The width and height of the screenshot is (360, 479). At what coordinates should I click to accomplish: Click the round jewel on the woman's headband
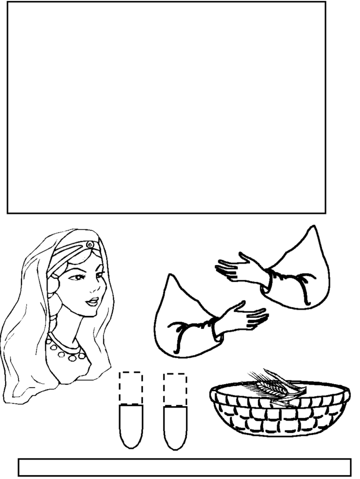[89, 245]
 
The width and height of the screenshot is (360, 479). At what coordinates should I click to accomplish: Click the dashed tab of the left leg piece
[131, 388]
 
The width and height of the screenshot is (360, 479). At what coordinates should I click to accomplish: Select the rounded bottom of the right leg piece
[175, 442]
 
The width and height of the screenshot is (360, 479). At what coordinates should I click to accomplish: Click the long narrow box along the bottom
[184, 468]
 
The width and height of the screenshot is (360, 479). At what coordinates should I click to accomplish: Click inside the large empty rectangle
[166, 107]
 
